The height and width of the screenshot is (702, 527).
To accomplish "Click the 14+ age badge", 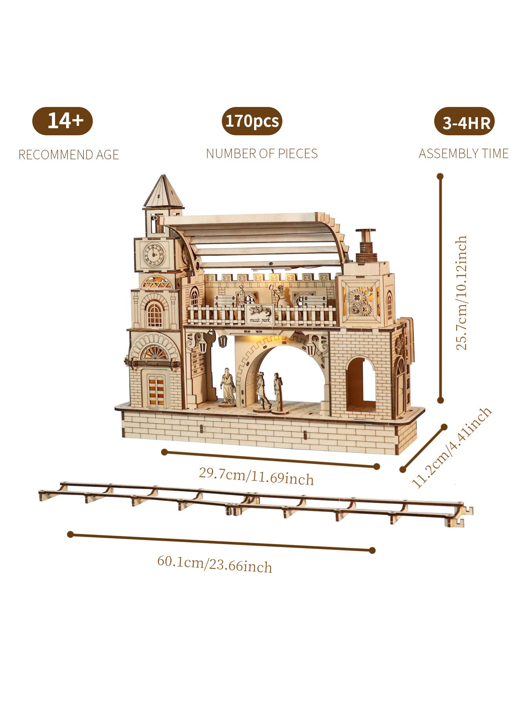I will (x=63, y=121).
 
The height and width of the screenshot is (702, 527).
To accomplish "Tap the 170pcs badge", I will (x=252, y=121).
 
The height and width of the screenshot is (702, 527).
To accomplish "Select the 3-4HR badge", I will (x=464, y=122).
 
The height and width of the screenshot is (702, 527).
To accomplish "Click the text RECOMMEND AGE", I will (x=68, y=155).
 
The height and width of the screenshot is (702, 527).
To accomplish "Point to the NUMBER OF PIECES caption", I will (x=262, y=153).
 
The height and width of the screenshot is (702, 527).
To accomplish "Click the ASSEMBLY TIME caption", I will (x=463, y=153).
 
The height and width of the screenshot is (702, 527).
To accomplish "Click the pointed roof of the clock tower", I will (x=163, y=192).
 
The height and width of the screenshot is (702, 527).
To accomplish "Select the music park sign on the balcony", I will (x=259, y=314).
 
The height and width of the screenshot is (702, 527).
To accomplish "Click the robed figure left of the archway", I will (x=228, y=386).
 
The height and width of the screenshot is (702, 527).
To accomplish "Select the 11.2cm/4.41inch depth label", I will (x=451, y=448).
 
